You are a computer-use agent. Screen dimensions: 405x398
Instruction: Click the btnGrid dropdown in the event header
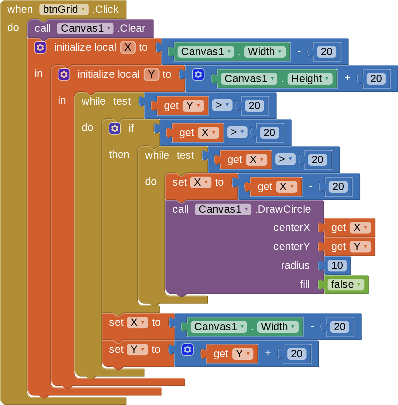tap(64, 9)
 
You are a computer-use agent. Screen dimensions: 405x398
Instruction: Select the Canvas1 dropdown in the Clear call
tap(85, 28)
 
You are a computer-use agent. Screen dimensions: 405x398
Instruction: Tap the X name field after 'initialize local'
tap(128, 47)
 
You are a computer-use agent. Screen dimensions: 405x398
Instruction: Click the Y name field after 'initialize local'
tap(151, 74)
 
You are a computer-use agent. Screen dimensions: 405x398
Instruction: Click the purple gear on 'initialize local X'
tap(40, 47)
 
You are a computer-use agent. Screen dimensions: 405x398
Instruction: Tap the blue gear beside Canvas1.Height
tap(198, 74)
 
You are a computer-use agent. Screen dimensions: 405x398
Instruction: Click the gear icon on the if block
tap(114, 128)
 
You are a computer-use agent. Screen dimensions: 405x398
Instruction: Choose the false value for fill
tap(346, 284)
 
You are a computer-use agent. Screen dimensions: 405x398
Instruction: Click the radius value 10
tap(337, 265)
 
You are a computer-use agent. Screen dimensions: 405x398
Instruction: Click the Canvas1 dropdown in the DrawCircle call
tap(223, 209)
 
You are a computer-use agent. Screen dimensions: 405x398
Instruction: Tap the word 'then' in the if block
tap(119, 154)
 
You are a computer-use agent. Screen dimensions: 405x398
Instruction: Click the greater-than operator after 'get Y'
tap(222, 105)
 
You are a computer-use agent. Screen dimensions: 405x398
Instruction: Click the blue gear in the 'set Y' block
tap(187, 349)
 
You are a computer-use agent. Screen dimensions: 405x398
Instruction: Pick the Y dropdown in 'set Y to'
tap(137, 349)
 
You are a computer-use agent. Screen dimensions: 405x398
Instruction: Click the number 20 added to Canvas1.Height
tap(376, 78)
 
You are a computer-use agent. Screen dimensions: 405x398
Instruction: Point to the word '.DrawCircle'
tap(282, 209)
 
